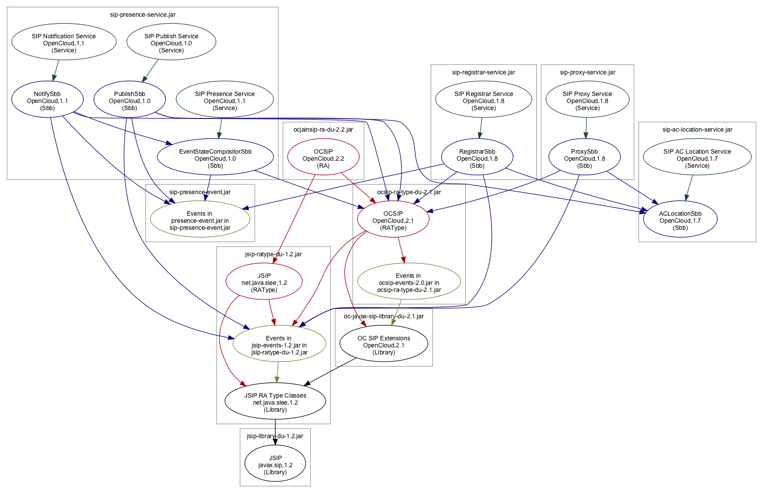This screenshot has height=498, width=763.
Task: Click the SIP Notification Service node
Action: point(64,43)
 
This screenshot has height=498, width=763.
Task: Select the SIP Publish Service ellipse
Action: point(171,43)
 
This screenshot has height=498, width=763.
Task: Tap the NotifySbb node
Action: point(48,101)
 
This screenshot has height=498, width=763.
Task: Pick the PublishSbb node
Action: point(129,101)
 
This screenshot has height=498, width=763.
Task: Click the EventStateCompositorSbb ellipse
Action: point(215,159)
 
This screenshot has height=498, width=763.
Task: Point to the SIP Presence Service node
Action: point(225,101)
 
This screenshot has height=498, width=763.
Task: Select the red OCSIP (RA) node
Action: point(323,159)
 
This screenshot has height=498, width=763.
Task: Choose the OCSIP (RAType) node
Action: point(393,221)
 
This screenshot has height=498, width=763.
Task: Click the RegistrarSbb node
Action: point(477,159)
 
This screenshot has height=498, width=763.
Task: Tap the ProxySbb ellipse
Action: point(584,159)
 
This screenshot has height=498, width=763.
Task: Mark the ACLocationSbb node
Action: point(680,221)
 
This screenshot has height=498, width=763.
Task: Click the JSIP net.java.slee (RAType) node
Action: point(264,283)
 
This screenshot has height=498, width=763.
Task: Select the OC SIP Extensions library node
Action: point(383,345)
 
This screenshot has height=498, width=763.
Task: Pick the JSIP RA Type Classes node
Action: point(275,402)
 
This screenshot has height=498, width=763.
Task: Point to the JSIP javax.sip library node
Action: point(275,465)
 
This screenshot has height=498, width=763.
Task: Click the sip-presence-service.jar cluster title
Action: point(143,15)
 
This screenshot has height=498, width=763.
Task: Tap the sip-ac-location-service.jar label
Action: point(697,129)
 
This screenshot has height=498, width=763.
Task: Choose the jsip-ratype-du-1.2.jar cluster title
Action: point(273,254)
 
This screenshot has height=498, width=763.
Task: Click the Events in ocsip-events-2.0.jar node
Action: point(409,283)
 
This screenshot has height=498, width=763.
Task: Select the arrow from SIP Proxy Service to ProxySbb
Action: point(586,128)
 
